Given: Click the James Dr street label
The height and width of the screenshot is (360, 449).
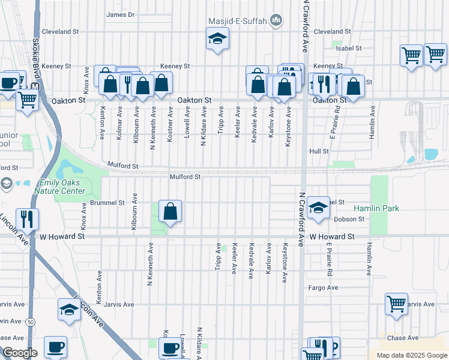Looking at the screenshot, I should [x=121, y=14].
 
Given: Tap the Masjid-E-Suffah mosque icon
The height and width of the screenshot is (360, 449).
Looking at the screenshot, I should [x=276, y=21].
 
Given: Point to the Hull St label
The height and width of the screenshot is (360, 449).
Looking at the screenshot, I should [x=319, y=152].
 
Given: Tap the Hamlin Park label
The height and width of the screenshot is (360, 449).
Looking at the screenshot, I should [x=376, y=208].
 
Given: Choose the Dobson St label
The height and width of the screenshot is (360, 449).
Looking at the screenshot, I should [x=349, y=220].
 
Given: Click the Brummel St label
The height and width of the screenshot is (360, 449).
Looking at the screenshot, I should [x=107, y=203].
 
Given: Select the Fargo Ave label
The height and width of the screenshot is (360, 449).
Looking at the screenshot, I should [x=324, y=288].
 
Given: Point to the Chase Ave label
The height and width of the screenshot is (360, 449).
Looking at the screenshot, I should [x=402, y=338].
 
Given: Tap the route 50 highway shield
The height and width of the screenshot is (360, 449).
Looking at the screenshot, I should [x=30, y=322].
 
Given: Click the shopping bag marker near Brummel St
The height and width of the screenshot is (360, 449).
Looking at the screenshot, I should [x=170, y=211].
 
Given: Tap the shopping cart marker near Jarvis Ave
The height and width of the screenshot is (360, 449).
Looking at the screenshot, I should [x=396, y=304].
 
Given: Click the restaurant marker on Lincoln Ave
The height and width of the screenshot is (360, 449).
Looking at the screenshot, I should [x=26, y=219].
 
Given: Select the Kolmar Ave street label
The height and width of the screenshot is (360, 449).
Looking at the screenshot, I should [x=119, y=124].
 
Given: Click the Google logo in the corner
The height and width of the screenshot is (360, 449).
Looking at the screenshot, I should [x=20, y=353].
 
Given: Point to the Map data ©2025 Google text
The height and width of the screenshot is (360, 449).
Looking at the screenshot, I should [x=411, y=355].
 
